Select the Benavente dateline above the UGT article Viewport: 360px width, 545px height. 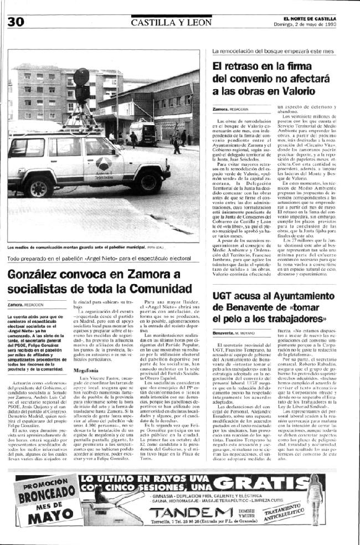click(227, 332)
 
